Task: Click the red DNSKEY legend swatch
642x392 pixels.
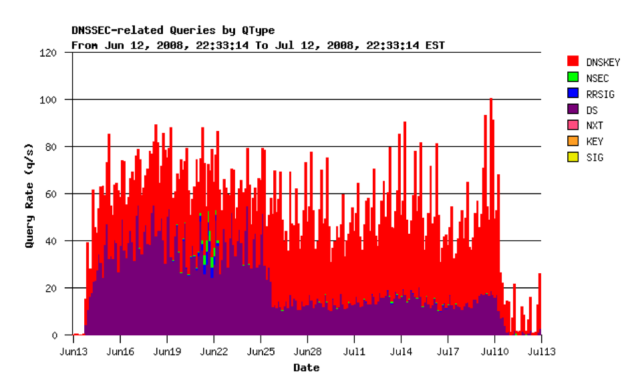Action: (x=573, y=62)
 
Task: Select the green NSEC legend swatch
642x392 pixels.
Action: (x=573, y=78)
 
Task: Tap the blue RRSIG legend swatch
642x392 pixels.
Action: (x=573, y=94)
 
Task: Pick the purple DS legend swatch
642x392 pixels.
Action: (x=573, y=110)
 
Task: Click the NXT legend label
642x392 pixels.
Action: (x=595, y=126)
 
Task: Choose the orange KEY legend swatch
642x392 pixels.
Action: (x=573, y=142)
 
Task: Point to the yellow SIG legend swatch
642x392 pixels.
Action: (x=573, y=158)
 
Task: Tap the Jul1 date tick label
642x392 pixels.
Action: (x=354, y=350)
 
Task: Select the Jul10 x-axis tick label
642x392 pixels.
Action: (x=494, y=350)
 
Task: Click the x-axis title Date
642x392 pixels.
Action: (x=307, y=368)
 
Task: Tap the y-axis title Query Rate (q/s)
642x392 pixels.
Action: (x=29, y=194)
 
